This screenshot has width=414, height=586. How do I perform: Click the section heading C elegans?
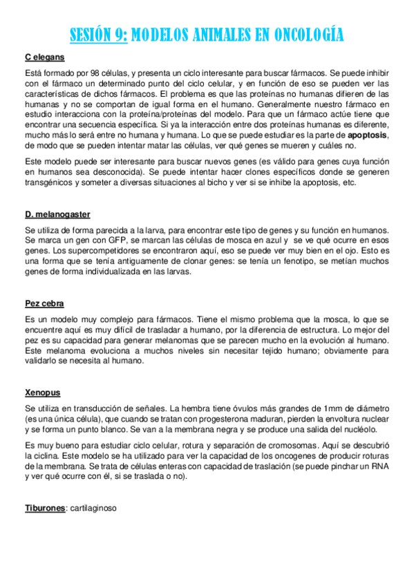coord(45,57)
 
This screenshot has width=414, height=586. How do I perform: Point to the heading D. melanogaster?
coord(57,214)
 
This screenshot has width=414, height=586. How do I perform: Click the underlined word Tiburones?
coord(45,507)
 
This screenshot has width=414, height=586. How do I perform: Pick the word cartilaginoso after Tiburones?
coord(92,507)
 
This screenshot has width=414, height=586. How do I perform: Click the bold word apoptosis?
coord(367,135)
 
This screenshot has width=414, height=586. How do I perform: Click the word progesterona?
coord(225,418)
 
